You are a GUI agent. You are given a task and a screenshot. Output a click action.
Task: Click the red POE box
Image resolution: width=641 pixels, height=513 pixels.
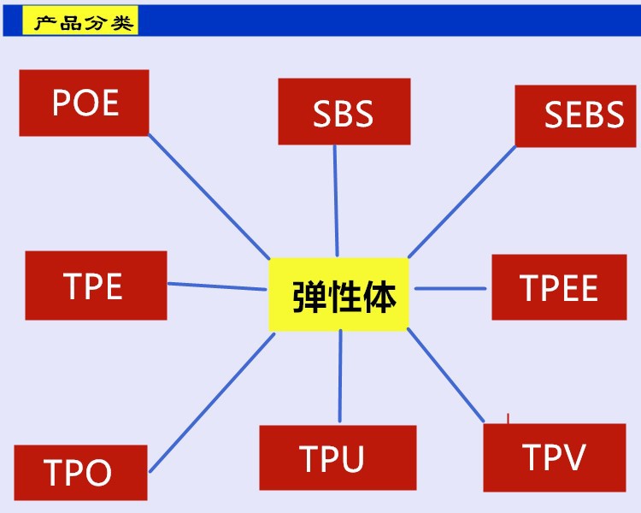(84, 103)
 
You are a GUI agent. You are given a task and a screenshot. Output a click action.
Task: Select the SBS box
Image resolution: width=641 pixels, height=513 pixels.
(344, 111)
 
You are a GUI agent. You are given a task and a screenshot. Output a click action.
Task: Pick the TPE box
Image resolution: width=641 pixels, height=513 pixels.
(96, 286)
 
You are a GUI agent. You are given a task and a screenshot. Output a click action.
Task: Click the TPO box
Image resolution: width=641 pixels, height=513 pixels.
(77, 473)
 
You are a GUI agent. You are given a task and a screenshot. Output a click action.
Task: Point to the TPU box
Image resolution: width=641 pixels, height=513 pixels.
(337, 458)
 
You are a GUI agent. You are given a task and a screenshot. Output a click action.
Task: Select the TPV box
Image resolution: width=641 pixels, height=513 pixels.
(554, 457)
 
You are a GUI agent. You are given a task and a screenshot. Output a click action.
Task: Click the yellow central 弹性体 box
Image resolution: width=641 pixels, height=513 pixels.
(340, 294)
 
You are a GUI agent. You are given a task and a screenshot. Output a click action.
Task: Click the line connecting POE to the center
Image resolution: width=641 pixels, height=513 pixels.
(209, 196)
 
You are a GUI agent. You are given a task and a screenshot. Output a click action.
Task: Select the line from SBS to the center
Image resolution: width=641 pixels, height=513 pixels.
(336, 200)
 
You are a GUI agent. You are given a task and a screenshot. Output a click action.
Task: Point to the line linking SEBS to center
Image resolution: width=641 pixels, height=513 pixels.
(462, 202)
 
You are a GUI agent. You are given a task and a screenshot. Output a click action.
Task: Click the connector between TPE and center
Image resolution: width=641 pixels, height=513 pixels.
(217, 286)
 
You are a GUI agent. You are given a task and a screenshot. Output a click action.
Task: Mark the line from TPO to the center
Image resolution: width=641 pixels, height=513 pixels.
(212, 402)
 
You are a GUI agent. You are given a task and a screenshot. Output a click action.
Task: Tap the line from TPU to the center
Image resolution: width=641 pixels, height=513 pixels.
(340, 378)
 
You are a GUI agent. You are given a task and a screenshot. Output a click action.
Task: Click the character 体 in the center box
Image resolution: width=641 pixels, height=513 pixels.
(379, 296)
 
